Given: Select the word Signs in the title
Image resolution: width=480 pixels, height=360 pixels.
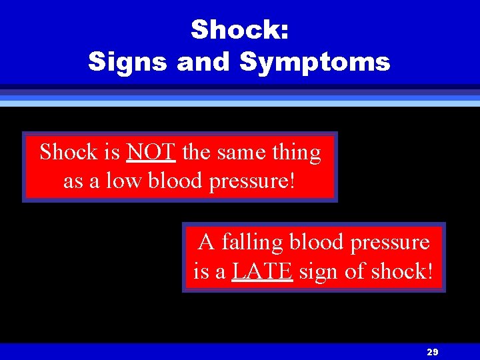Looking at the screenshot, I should click(128, 62).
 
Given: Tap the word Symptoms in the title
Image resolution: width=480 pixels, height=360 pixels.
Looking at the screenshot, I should click(314, 62).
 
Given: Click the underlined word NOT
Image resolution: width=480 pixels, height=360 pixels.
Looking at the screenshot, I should click(151, 153).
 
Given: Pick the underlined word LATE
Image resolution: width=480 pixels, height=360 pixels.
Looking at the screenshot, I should click(262, 271).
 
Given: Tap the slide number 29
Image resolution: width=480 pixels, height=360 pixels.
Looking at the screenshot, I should click(432, 352).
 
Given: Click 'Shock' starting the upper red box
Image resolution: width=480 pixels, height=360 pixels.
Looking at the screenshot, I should click(69, 153).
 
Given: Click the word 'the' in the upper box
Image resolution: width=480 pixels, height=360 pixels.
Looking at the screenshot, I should click(196, 153).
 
